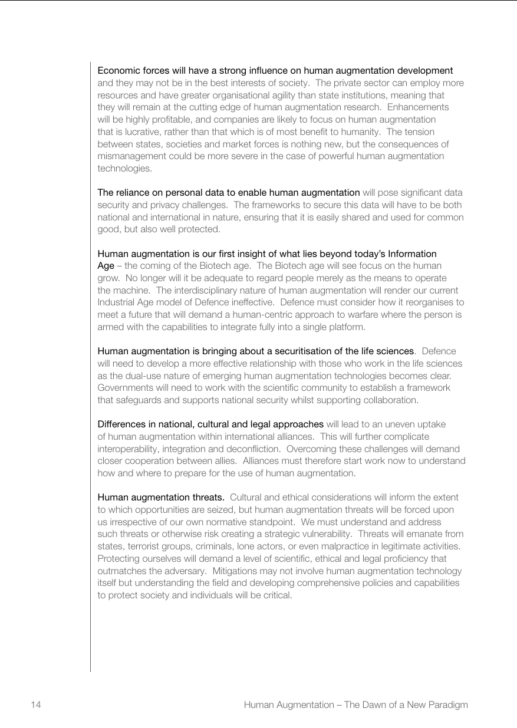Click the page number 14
pos(35,704)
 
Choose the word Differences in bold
pos(120,424)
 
